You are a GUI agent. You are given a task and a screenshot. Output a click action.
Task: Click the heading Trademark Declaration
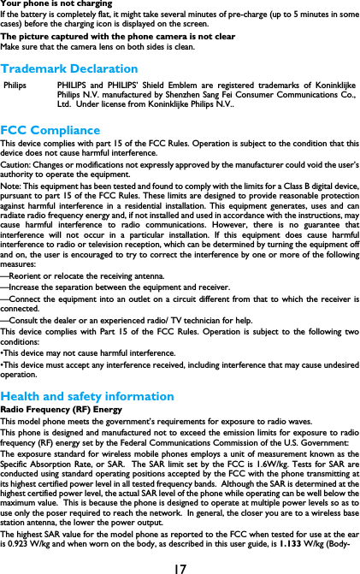pyautogui.click(x=69, y=68)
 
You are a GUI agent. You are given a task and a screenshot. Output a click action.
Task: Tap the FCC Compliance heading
pyautogui.click(x=50, y=131)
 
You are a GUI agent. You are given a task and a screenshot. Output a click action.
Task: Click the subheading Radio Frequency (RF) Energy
pyautogui.click(x=61, y=411)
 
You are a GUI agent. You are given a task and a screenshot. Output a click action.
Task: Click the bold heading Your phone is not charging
pyautogui.click(x=56, y=4)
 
